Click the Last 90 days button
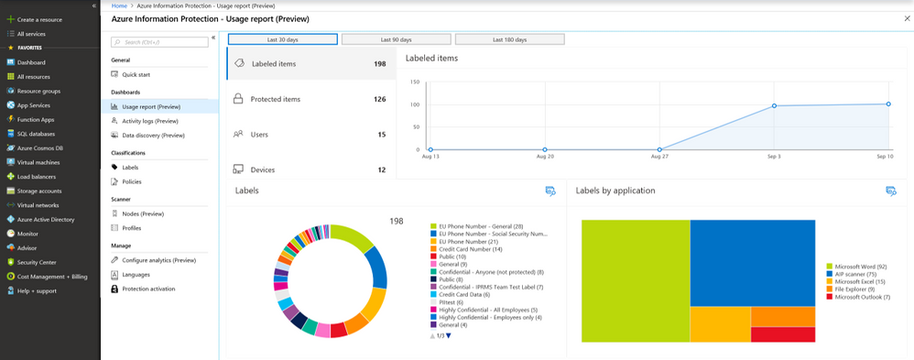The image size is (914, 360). (396, 39)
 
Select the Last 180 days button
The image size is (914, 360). (509, 39)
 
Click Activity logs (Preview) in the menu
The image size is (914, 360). (149, 121)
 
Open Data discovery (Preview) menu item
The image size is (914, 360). (152, 135)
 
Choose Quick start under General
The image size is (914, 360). (136, 74)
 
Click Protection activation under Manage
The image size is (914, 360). (148, 289)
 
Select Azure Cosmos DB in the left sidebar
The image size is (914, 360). (39, 147)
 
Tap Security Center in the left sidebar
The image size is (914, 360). (37, 261)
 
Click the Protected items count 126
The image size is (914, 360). (379, 99)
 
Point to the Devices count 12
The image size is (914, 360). (381, 169)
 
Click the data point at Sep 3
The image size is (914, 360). (774, 106)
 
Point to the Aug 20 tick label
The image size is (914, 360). (544, 158)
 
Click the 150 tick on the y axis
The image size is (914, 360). (414, 82)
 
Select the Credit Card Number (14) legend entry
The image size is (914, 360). (469, 249)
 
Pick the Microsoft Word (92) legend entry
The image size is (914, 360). (854, 266)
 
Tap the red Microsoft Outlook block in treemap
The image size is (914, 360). (783, 334)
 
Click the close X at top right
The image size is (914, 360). (907, 18)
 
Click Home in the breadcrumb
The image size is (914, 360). (118, 5)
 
